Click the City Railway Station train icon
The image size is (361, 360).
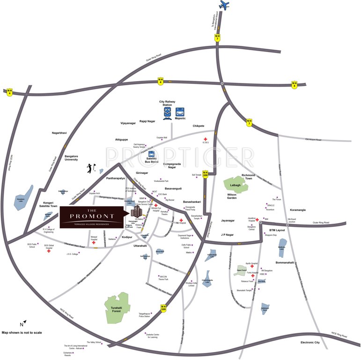click(x=167, y=113)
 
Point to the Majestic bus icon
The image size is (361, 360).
click(x=180, y=112)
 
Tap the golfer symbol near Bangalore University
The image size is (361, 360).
click(x=90, y=167)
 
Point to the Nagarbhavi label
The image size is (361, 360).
click(x=59, y=133)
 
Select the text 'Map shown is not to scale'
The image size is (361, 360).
click(x=22, y=332)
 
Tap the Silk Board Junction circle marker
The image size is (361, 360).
click(x=287, y=225)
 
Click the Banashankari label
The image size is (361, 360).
click(x=192, y=202)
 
